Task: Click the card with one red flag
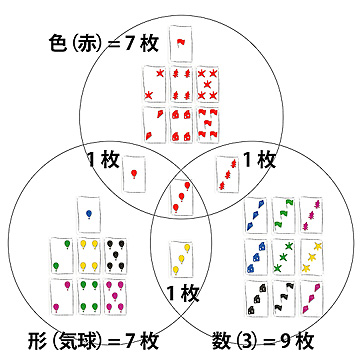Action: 181,44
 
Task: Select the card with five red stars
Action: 208,84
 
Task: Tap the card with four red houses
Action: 181,125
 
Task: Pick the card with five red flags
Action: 208,125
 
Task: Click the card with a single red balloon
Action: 134,174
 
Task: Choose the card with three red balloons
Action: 182,197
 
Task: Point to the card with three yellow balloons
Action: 182,259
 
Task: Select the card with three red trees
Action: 228,174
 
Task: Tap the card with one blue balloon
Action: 89,214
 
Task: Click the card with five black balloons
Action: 116,255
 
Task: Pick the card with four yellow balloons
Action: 89,255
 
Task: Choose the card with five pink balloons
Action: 115,296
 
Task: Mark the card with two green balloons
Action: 62,255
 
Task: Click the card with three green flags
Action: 284,215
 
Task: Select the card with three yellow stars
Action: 312,257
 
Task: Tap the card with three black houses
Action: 256,298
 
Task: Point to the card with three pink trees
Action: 312,215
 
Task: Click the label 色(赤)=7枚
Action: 103,44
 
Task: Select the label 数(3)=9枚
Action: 263,341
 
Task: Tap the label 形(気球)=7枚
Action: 93,341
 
